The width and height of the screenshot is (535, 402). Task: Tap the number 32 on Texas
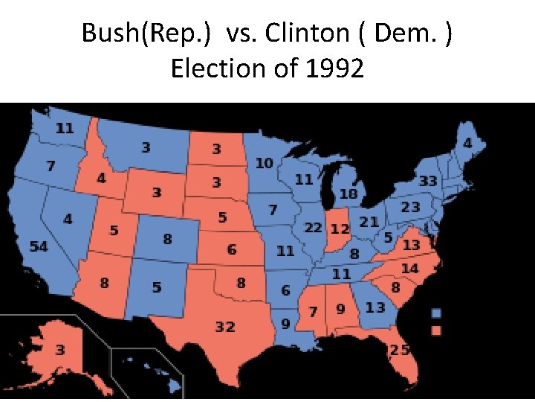[225, 327]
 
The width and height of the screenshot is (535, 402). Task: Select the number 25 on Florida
[401, 350]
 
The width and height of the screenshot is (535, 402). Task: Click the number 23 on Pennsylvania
[411, 208]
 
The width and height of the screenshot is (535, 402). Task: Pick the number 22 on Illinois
[313, 227]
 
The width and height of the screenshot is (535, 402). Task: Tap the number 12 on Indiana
[340, 228]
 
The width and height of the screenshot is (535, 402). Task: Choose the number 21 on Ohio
[369, 221]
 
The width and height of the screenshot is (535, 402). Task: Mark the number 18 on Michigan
[348, 194]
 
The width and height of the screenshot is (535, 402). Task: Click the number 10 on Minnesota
[264, 162]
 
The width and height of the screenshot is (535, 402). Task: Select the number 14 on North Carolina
[409, 268]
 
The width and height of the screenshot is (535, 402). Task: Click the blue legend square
[437, 313]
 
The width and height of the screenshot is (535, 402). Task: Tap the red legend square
[437, 329]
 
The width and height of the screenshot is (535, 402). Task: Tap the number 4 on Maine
[467, 142]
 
